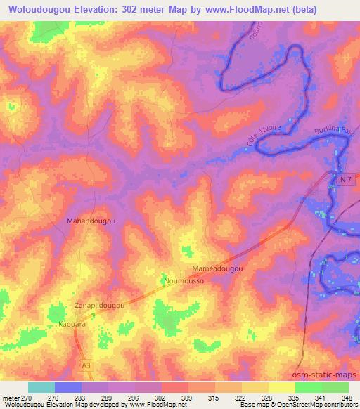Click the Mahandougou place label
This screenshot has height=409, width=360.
click(91, 221)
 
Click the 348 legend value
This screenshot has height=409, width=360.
click(347, 397)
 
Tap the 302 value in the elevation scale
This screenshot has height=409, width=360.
click(161, 397)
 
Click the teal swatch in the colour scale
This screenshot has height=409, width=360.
click(41, 387)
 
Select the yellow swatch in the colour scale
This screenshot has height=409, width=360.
click(281, 387)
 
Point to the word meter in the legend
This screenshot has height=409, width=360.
click(11, 397)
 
